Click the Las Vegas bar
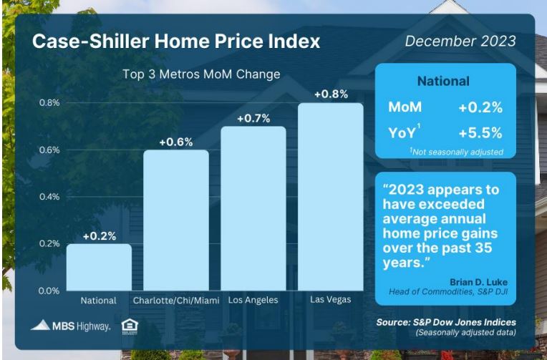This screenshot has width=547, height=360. [x=330, y=197]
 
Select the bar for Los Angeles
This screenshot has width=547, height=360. [x=253, y=208]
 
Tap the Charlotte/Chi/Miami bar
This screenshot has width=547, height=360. [x=176, y=220]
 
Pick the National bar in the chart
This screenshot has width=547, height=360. [x=99, y=267]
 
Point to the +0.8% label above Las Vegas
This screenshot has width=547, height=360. [x=331, y=94]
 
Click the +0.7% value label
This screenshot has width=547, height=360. [x=253, y=119]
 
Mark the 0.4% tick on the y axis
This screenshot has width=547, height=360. [x=49, y=197]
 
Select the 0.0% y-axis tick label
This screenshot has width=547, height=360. [x=49, y=291]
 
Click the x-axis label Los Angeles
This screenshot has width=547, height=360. [x=253, y=300]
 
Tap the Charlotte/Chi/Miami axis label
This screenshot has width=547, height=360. [x=176, y=301]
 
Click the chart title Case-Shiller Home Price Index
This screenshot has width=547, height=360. [x=176, y=42]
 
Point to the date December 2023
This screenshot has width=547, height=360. [x=460, y=42]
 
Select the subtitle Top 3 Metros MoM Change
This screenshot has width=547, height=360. [x=201, y=74]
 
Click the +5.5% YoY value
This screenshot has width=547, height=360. [x=480, y=133]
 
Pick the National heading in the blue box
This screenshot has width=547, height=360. [x=443, y=82]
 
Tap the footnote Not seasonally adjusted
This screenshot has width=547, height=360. [x=457, y=152]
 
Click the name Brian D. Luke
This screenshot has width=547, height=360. [x=478, y=282]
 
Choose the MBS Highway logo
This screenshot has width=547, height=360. [x=70, y=326]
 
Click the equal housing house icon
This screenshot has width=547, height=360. [x=130, y=326]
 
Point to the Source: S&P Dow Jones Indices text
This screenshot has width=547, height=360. [x=446, y=322]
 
